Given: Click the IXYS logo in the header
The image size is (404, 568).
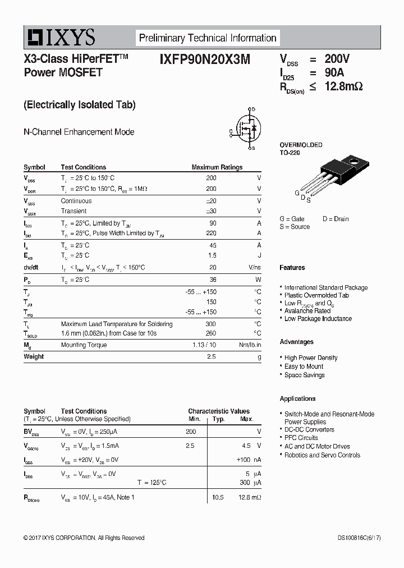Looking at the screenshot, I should click(x=59, y=38).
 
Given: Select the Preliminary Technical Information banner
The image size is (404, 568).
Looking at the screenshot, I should click(x=208, y=38).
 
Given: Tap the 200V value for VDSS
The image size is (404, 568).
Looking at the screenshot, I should click(x=337, y=59).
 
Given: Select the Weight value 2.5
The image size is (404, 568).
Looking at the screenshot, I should click(x=212, y=356).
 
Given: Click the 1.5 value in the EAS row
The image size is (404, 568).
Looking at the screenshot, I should click(x=212, y=255).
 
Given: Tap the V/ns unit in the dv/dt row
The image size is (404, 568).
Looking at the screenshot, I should click(x=255, y=268).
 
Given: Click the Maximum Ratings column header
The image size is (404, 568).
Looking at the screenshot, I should click(x=217, y=167).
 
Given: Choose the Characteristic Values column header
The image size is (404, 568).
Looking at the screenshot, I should click(x=219, y=411).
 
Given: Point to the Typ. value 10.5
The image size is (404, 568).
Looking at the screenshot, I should click(x=218, y=497).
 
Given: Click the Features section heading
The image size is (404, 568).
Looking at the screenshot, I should click(x=292, y=268).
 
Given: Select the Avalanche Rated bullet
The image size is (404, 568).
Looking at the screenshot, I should click(x=307, y=310).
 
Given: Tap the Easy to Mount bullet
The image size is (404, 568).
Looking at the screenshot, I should click(x=304, y=367).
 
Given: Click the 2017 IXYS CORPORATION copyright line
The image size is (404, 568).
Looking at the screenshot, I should click(x=84, y=538).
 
